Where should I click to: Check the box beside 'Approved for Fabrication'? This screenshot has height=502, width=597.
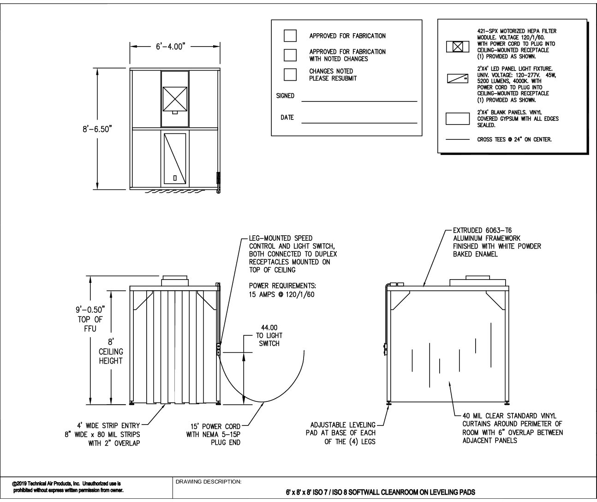coord(290,36)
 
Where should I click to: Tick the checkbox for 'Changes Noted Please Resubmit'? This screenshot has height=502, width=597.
coord(290,75)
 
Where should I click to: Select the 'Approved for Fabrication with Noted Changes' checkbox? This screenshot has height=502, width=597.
coord(290,55)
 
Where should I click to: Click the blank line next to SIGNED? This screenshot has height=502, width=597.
coord(359,100)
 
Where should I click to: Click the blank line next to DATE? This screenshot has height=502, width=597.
coord(359,122)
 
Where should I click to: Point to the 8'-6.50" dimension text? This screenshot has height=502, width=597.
coord(95,130)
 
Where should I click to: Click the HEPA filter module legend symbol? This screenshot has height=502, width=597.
coord(457,47)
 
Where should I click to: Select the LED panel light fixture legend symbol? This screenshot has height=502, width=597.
coord(457,78)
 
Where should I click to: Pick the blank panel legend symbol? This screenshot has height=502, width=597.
coord(457,119)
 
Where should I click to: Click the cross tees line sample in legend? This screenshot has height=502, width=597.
coord(457,139)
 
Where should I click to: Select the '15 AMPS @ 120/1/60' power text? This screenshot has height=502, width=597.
coord(281,294)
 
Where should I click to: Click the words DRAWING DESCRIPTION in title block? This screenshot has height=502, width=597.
coord(208,482)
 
